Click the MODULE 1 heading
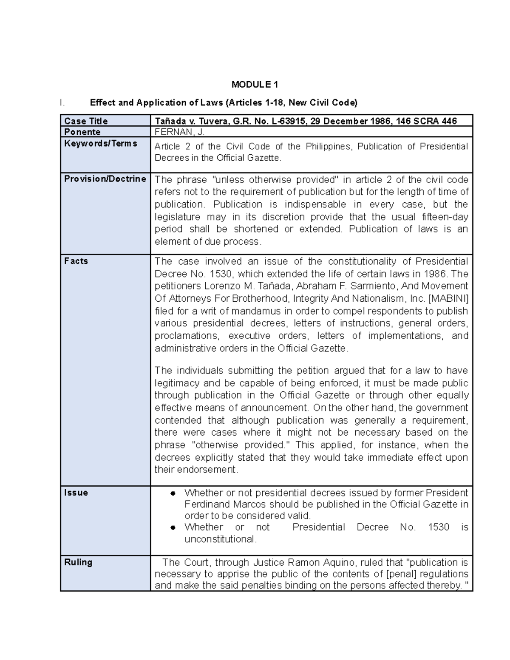tap(255, 85)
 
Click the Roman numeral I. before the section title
tap(62, 103)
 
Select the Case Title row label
tap(86, 121)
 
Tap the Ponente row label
tap(82, 132)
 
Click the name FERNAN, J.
tap(180, 132)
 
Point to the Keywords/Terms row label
tap(101, 144)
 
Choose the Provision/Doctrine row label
tap(105, 179)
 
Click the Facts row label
tap(76, 261)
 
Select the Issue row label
tap(76, 493)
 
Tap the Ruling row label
tap(78, 562)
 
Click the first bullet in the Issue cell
tap(173, 493)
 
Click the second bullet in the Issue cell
tap(173, 527)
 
